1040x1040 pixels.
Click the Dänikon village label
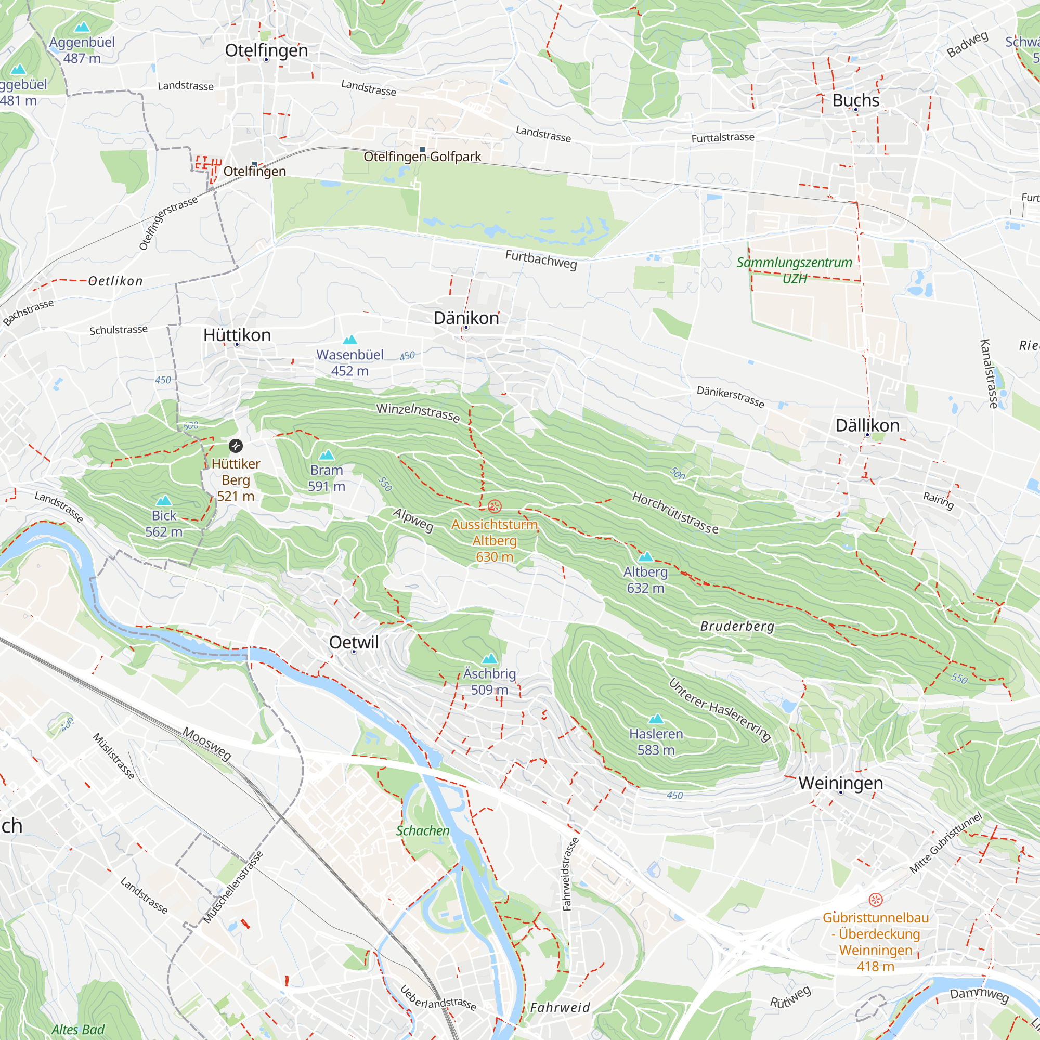[466, 318]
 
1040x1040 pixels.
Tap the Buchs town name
[855, 100]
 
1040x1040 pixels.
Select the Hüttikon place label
[237, 335]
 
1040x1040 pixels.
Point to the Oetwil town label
[354, 642]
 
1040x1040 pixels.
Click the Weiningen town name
[840, 783]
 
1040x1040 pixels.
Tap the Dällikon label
[867, 425]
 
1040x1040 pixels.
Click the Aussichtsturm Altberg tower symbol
[494, 506]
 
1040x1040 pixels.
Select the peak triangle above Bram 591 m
[327, 455]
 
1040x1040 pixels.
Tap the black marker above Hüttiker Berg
[236, 446]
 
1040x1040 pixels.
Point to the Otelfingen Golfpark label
[422, 157]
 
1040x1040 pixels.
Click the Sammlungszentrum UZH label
[795, 270]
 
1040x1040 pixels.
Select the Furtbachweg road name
[540, 259]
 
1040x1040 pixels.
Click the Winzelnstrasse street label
[418, 413]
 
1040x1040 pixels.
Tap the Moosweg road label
[207, 744]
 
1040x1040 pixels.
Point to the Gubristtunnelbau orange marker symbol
[875, 900]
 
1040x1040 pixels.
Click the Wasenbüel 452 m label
[350, 362]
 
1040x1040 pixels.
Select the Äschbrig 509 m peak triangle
[489, 659]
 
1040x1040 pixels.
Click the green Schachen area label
[423, 830]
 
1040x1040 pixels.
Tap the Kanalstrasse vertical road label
[990, 373]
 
